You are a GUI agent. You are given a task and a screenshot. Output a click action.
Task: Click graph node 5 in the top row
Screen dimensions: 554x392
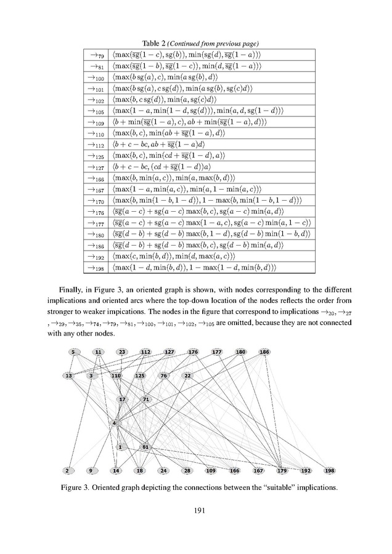73,352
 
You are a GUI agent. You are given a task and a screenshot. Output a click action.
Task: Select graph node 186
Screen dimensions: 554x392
264,352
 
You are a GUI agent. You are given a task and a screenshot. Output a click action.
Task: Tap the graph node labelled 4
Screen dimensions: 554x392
115,423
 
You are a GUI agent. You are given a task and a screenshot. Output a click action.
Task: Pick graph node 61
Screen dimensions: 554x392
145,447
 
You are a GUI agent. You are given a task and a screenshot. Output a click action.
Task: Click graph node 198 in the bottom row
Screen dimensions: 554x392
329,471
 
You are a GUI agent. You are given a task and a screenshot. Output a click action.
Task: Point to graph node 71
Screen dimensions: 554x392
146,399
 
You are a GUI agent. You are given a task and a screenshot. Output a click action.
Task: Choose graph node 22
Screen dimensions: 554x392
188,375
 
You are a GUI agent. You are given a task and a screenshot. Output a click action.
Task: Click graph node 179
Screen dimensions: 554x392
283,471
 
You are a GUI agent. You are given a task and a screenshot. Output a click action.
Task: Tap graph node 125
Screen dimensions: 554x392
140,375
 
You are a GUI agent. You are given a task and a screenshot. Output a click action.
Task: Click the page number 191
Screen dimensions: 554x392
196,510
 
